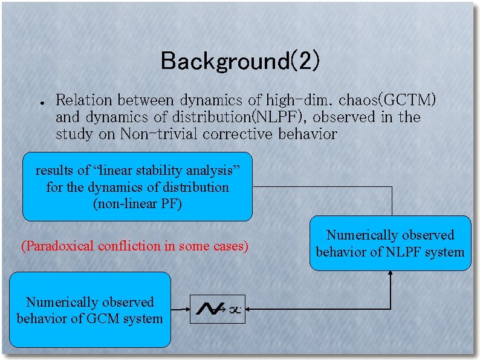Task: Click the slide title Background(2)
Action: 240,61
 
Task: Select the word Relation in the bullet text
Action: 85,100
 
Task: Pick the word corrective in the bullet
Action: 239,134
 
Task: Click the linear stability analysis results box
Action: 137,186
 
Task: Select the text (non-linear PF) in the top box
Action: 137,204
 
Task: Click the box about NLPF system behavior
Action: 391,243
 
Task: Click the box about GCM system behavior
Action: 90,310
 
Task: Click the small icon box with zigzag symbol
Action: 218,309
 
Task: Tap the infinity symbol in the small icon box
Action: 235,310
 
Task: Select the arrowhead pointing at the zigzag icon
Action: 250,310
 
